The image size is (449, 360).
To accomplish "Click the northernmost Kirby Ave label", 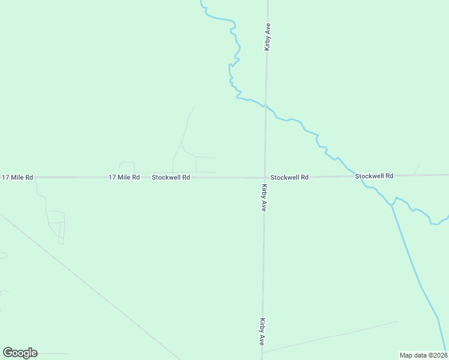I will tap(267, 37).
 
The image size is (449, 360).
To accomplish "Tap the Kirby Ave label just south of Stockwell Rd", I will tap(264, 197).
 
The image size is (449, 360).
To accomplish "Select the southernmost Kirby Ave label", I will tap(262, 331).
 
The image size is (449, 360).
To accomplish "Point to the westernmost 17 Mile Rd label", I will tap(17, 178).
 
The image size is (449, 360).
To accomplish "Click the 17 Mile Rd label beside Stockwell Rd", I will tap(124, 178).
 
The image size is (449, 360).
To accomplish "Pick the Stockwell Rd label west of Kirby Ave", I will tap(170, 178).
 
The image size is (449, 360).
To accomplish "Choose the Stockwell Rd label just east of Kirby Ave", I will tap(289, 178).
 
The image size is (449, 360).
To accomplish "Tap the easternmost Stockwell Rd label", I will tap(374, 176).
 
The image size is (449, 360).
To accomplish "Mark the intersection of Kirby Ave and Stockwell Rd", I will tap(264, 177).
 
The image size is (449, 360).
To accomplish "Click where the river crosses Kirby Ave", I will tap(265, 106).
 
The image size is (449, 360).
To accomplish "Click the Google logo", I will tap(20, 353).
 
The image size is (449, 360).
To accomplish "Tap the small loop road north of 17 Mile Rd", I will tap(127, 166).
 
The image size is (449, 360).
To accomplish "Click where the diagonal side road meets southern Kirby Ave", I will tap(262, 352).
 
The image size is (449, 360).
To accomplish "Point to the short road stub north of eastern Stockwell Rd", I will tap(417, 169).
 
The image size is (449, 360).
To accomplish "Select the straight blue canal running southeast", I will tap(420, 282).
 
